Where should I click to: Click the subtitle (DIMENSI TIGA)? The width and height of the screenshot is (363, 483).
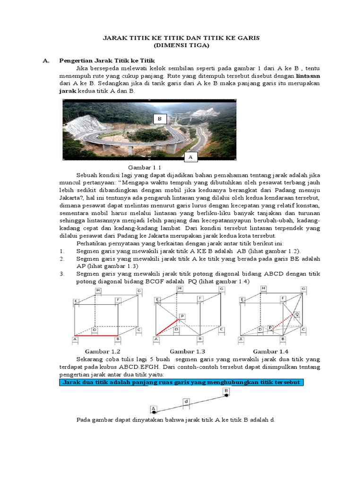coord(181,46)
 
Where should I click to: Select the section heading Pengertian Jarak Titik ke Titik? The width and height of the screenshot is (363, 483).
coord(106,61)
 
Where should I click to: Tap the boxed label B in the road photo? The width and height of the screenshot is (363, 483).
coord(160,119)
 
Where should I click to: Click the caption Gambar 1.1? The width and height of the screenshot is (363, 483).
coord(145,167)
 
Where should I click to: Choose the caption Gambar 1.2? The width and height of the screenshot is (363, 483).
coord(103,351)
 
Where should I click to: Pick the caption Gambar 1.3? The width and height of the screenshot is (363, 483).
coord(188,351)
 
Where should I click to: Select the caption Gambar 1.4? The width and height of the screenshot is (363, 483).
coord(271,351)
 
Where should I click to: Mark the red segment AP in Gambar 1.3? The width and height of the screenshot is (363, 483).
coord(167,327)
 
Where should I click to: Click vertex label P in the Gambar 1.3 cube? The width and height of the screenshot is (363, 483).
coord(182,316)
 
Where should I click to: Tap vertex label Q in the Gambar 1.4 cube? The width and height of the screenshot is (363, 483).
coord(297,313)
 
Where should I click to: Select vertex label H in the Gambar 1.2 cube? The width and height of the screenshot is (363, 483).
coord(98,290)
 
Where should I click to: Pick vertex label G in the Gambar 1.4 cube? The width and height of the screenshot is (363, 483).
coord(304,289)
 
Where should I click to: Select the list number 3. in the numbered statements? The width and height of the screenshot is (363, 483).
coord(62,274)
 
